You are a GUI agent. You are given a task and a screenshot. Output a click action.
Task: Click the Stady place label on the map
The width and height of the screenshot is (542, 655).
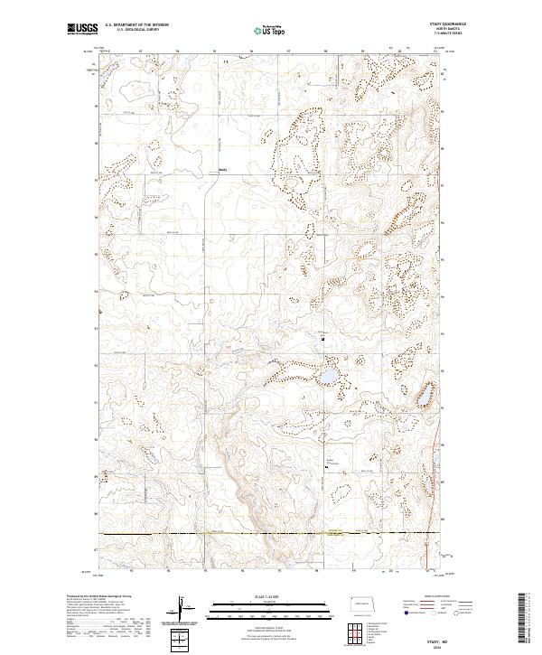225,168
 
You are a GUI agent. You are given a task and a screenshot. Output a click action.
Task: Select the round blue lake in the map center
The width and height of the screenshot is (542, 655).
330,375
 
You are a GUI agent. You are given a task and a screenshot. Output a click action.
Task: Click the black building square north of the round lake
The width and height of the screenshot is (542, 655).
322,338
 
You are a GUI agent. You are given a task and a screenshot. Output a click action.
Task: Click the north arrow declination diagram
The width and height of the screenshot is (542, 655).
181,610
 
